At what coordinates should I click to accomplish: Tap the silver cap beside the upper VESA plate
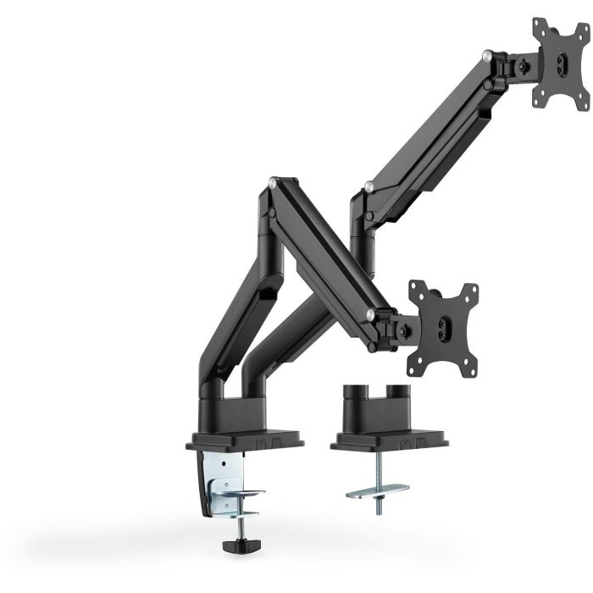tap(486, 56)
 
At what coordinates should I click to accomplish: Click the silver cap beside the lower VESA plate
tap(370, 316)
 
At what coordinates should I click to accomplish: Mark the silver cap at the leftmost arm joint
tap(271, 182)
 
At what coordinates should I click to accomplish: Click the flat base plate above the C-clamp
tap(244, 441)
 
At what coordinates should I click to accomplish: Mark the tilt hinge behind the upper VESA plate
tap(518, 64)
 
